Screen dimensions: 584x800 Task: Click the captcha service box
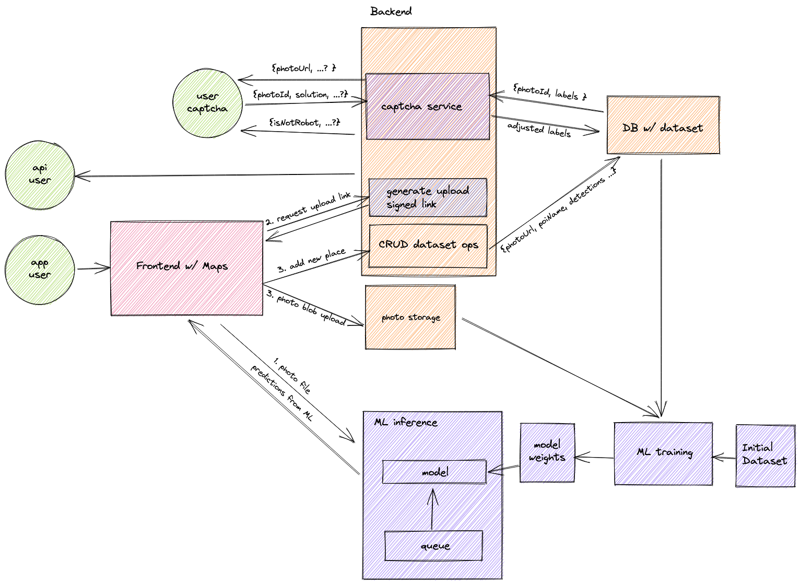click(x=427, y=107)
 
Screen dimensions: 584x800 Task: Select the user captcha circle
click(x=207, y=103)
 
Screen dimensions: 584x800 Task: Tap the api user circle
click(x=40, y=174)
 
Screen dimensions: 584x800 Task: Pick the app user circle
click(x=40, y=269)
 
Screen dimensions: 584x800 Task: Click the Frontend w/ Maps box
click(x=186, y=268)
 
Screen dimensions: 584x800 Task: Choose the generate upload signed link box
click(x=428, y=197)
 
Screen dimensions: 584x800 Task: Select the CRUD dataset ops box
click(x=428, y=246)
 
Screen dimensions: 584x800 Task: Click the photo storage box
click(x=410, y=317)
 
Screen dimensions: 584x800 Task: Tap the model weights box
click(x=547, y=452)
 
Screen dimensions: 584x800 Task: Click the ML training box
click(x=663, y=453)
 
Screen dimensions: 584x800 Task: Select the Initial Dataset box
click(x=765, y=455)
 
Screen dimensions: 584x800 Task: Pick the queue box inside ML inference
click(x=433, y=546)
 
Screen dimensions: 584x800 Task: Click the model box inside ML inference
click(x=434, y=472)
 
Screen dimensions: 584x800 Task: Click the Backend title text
click(x=391, y=11)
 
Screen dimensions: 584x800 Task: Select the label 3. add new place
click(x=311, y=261)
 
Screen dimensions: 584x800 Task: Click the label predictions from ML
click(x=281, y=393)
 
